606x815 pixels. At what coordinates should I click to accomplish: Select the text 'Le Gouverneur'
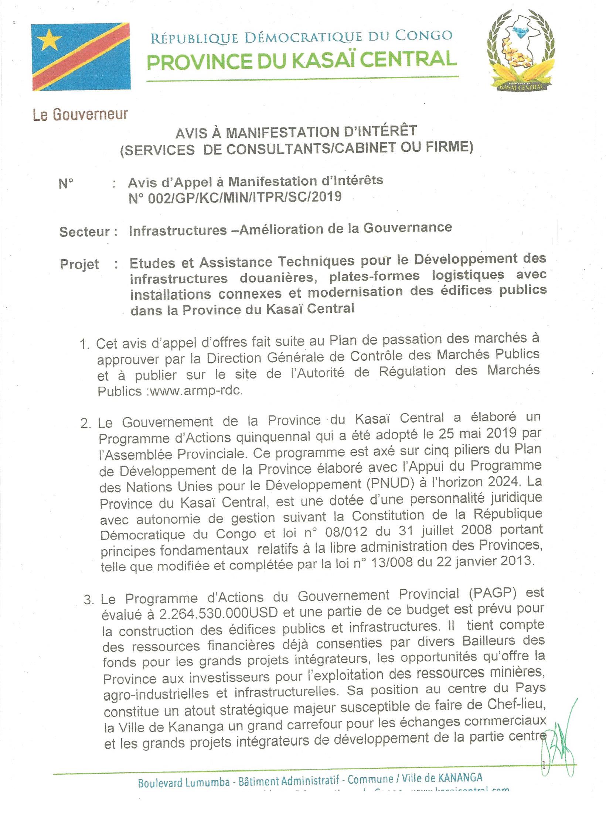tap(80, 115)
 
